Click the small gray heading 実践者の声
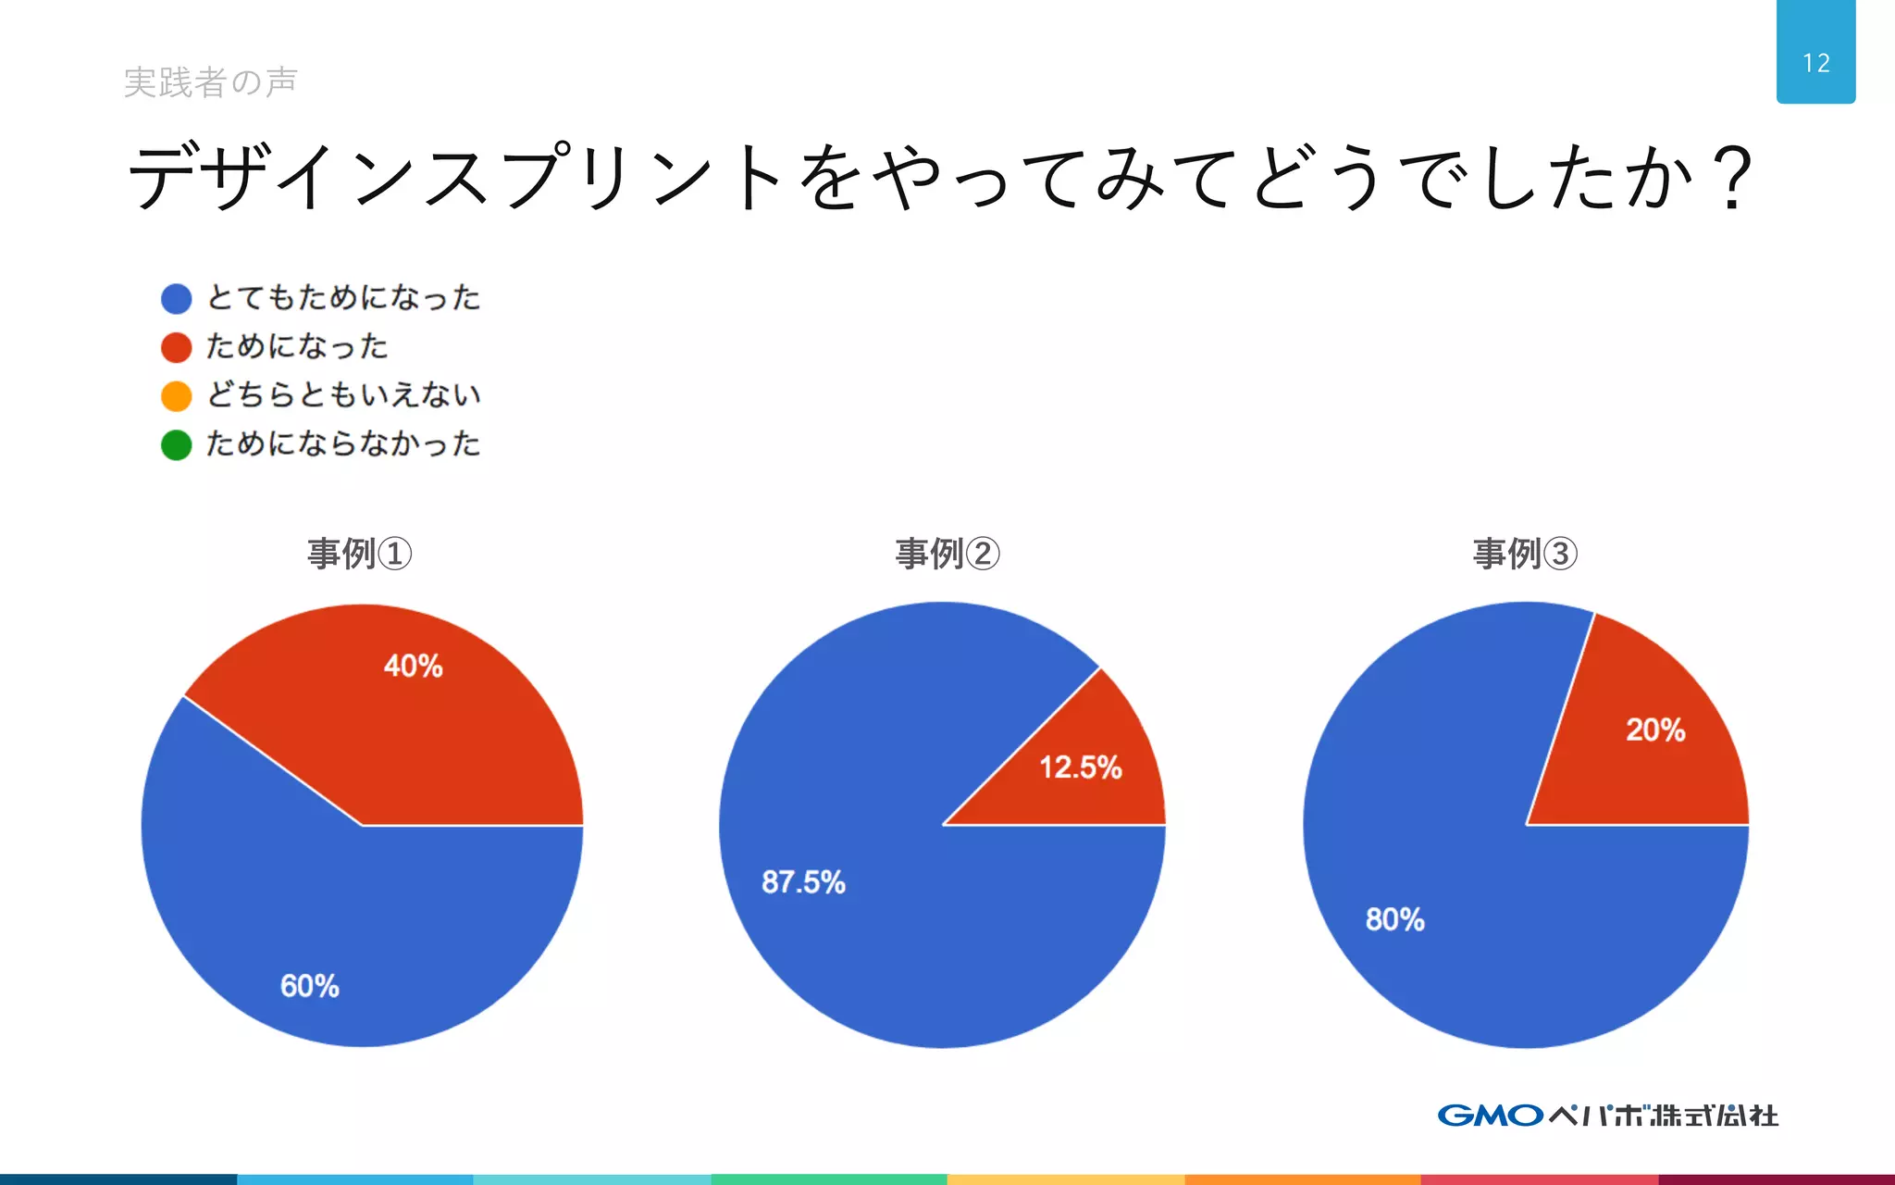click(x=211, y=82)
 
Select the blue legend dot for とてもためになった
click(x=176, y=298)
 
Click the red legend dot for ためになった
click(x=176, y=347)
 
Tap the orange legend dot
click(x=176, y=396)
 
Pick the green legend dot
click(x=176, y=445)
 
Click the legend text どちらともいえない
click(x=343, y=395)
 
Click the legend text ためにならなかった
click(x=343, y=444)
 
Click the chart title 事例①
click(x=359, y=554)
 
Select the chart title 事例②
click(x=947, y=554)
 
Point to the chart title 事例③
click(x=1525, y=554)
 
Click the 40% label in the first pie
click(x=413, y=666)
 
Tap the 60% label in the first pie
click(x=310, y=986)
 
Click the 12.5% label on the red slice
click(x=1080, y=767)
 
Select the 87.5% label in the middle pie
click(x=803, y=882)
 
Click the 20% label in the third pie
click(x=1655, y=730)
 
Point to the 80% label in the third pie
click(x=1394, y=919)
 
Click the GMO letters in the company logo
click(x=1490, y=1116)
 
